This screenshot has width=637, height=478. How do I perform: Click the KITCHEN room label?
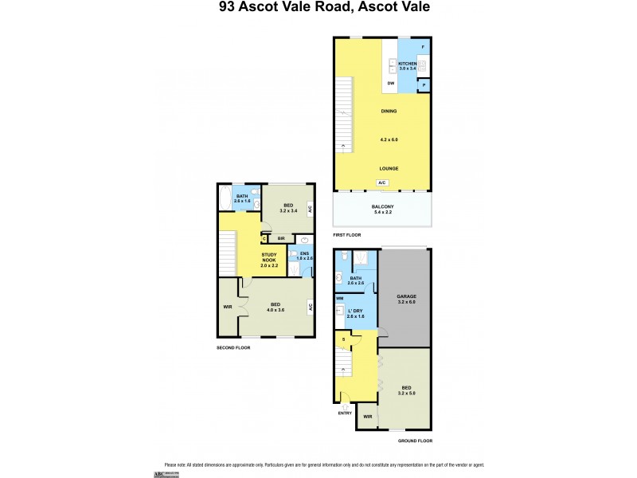click(x=407, y=63)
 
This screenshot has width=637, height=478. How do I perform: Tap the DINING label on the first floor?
click(x=389, y=112)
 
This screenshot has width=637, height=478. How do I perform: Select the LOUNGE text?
click(x=389, y=168)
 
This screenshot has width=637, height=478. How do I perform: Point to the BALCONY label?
click(x=383, y=206)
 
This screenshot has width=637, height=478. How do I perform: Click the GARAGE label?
click(x=407, y=296)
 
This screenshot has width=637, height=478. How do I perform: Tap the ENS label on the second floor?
click(x=304, y=253)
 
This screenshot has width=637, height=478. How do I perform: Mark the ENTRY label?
click(x=345, y=413)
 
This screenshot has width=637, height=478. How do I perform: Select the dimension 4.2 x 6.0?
click(x=389, y=139)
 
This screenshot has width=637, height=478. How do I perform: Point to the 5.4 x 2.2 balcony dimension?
click(x=383, y=213)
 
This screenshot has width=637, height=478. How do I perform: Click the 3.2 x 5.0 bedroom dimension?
click(x=407, y=393)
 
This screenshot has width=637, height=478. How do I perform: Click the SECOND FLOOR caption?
click(x=233, y=348)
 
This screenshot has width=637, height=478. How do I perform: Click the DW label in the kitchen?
click(x=391, y=83)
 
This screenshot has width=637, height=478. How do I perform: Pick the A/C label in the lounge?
click(x=382, y=182)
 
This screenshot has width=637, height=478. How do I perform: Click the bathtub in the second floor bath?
click(x=223, y=198)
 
